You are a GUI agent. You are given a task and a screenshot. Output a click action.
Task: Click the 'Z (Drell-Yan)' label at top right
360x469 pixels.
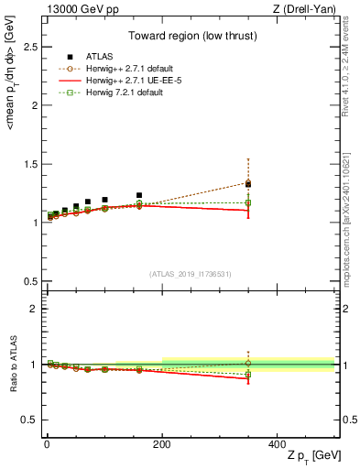305,9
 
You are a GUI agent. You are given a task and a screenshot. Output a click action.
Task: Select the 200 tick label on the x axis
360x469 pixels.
162,443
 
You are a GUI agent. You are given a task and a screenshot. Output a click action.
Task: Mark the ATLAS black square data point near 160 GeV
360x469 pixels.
139,195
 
